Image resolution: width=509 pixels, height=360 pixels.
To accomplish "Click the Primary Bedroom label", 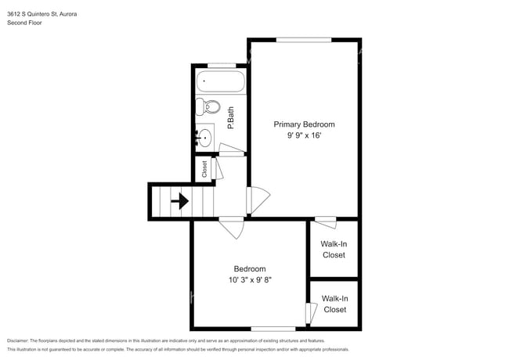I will [x=304, y=124].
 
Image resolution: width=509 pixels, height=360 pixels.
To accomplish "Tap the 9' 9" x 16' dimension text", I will [x=304, y=136].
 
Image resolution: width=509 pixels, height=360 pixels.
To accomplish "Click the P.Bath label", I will [x=231, y=117].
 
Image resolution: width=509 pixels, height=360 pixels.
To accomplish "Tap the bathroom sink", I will [x=205, y=138].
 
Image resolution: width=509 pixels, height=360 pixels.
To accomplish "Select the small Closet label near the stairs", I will [x=204, y=169].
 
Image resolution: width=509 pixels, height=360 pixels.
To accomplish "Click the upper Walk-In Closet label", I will [x=333, y=249].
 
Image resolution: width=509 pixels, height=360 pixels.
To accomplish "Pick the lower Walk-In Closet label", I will [x=334, y=304].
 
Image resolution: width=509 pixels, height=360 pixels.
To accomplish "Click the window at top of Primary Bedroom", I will [x=303, y=39].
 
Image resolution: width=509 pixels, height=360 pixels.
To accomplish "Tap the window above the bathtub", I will [x=222, y=65].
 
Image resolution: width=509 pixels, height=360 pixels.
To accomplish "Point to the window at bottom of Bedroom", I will [x=273, y=328].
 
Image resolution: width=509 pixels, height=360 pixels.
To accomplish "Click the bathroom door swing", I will [x=231, y=149].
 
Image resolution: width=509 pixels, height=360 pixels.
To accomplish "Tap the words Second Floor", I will [x=25, y=23].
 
